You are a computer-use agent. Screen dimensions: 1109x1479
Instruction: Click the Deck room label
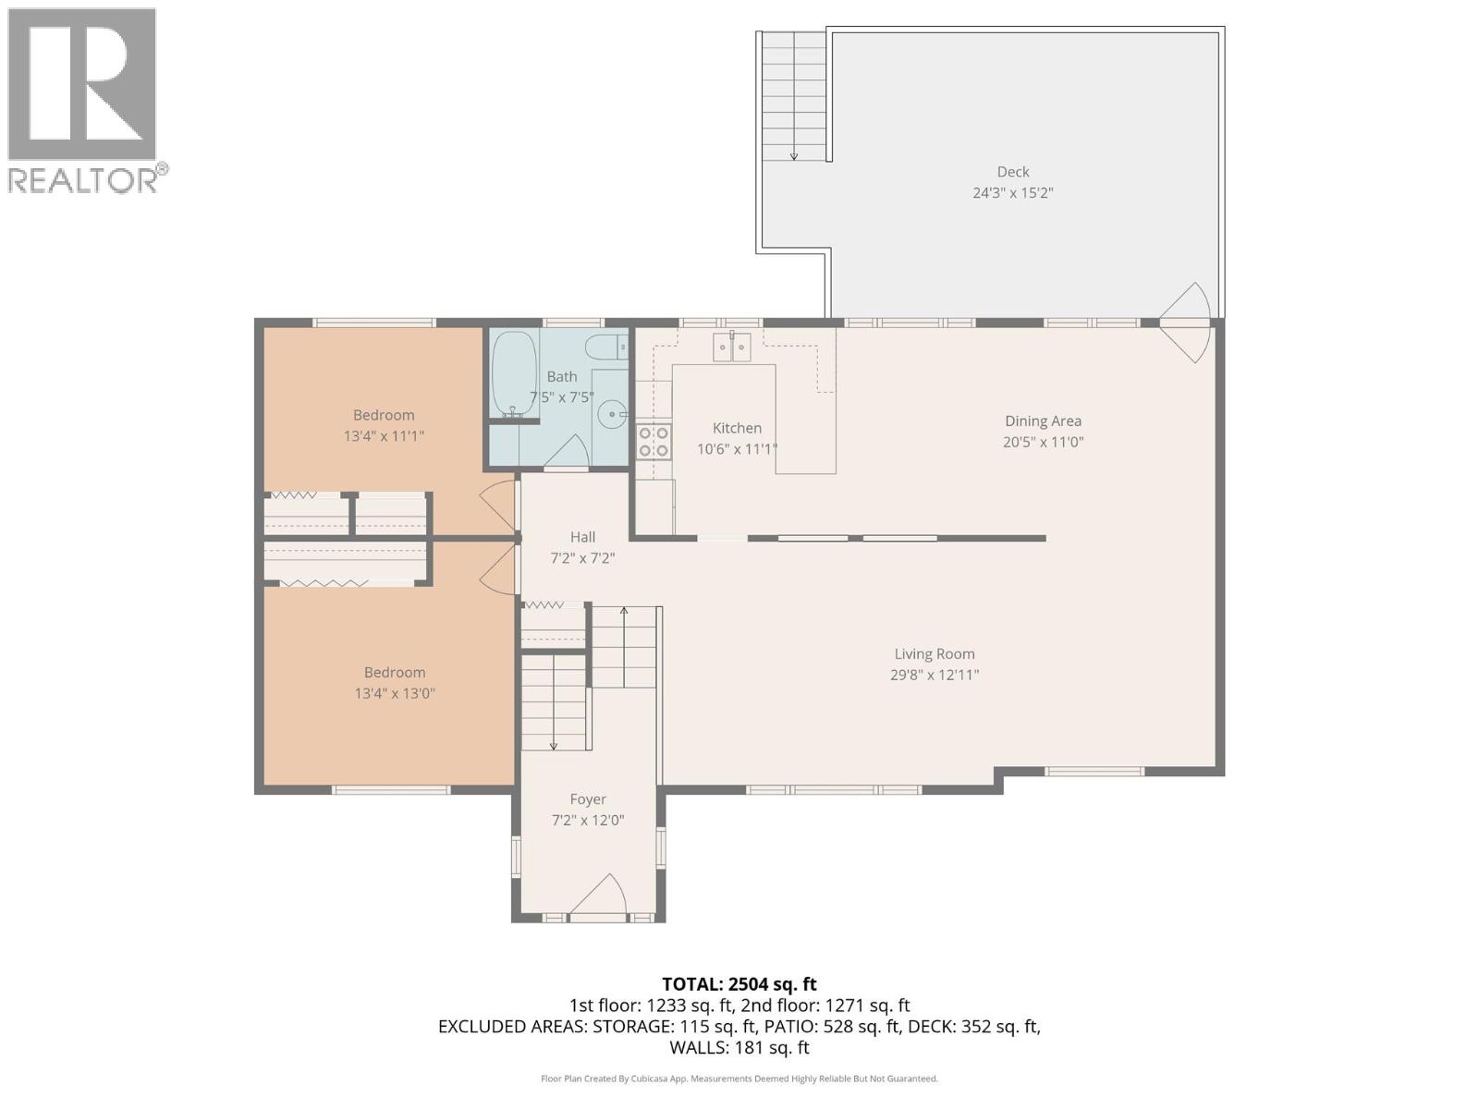point(1013,172)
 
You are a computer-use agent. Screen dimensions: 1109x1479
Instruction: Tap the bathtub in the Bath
point(513,374)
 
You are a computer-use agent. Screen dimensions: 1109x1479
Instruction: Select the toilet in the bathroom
point(607,348)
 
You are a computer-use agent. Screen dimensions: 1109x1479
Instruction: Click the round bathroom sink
point(611,416)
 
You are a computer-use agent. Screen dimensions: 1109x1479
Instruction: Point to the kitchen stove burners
point(654,442)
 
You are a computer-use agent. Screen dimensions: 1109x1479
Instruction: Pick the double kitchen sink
point(731,347)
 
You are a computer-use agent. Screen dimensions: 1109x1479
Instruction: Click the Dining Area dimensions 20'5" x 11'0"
point(1043,442)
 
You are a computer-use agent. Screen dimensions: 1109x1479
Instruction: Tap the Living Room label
point(934,653)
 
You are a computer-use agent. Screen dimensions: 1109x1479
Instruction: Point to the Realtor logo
point(86,100)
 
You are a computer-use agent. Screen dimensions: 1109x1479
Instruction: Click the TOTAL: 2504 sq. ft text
point(739,984)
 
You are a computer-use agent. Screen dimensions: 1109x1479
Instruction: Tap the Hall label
point(582,537)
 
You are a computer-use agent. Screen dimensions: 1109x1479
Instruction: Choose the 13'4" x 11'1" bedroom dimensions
point(384,435)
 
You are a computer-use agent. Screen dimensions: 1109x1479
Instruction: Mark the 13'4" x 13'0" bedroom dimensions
point(395,693)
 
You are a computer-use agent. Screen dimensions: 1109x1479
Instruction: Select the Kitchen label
point(737,428)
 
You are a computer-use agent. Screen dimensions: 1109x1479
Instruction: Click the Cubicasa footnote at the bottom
point(739,1079)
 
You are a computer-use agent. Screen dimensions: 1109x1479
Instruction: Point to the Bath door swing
point(569,452)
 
